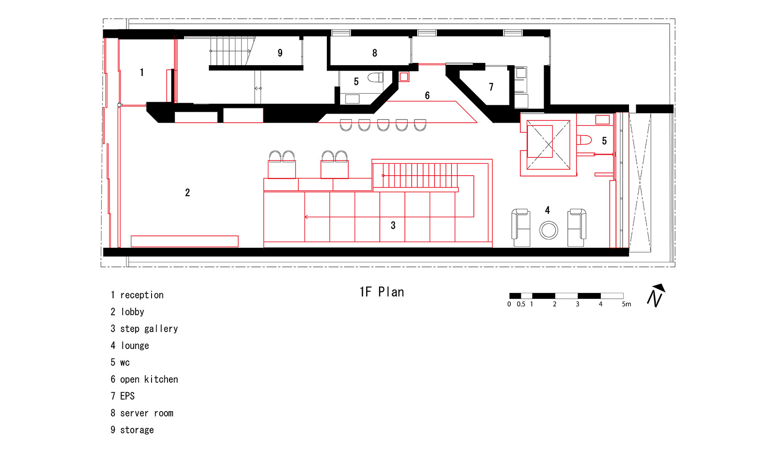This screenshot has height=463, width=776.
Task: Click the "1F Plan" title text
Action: tap(382, 292)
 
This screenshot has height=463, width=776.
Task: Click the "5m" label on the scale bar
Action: tap(626, 304)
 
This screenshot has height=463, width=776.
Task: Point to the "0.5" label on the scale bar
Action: tap(521, 304)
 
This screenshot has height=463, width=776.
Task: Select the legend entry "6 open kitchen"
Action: tap(144, 380)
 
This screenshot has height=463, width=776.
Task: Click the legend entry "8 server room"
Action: tap(142, 413)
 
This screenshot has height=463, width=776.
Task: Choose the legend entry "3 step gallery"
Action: tap(144, 329)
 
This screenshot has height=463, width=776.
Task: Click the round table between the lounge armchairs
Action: tap(549, 230)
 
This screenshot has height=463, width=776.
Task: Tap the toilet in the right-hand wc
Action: tap(584, 140)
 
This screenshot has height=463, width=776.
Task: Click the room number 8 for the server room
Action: tap(375, 53)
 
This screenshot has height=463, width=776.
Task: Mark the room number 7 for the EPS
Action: tap(491, 87)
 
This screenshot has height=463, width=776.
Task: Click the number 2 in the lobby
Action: tap(188, 192)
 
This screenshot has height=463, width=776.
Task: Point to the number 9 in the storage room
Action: tap(280, 53)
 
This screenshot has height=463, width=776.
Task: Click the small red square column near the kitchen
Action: tap(404, 77)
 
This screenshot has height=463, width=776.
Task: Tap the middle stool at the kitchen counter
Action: tap(383, 125)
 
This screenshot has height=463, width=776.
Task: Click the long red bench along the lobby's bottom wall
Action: tap(184, 241)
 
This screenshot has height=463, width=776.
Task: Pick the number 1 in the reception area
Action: tap(142, 72)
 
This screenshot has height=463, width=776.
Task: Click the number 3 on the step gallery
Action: tap(393, 225)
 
